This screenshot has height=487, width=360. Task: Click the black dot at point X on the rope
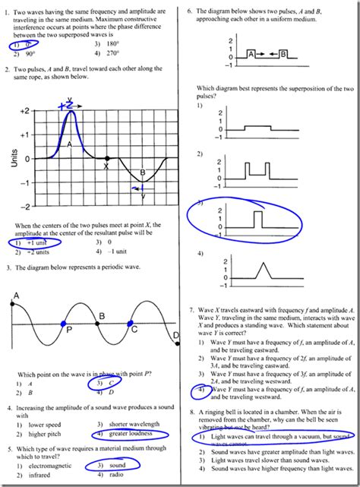point(106,158)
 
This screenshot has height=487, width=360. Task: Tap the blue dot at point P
point(64,324)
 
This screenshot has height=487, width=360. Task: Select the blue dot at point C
point(132,324)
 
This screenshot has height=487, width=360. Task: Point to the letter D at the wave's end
point(176,335)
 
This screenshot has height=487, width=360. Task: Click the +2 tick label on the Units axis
point(24,111)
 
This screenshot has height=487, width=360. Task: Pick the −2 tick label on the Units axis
point(24,207)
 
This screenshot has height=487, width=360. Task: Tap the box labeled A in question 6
point(251,55)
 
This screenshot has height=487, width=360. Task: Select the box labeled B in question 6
point(283,55)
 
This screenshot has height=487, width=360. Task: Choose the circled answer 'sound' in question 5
point(115,465)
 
